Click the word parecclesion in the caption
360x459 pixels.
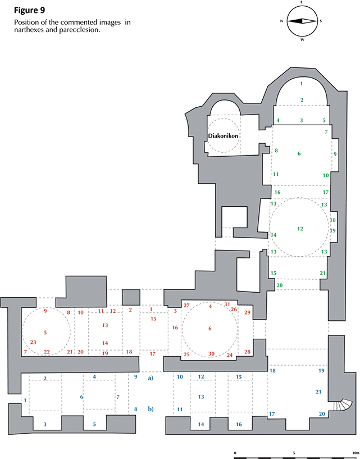[80, 30]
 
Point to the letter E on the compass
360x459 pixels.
[302, 3]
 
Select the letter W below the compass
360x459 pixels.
[302, 39]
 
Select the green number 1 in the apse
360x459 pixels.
[302, 84]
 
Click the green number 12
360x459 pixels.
[300, 229]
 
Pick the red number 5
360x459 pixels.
[45, 333]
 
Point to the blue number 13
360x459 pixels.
[201, 397]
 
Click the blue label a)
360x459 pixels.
[151, 378]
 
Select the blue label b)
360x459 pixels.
[151, 408]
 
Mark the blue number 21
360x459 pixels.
[318, 392]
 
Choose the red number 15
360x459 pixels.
[152, 319]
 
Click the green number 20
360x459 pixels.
[280, 285]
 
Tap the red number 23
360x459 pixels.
[33, 342]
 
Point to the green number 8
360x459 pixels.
[276, 151]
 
